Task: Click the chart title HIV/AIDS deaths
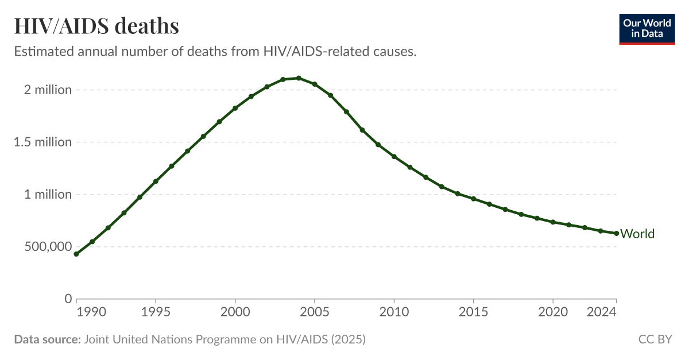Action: tap(96, 26)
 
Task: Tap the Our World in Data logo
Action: tap(647, 29)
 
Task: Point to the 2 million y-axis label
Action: tap(43, 90)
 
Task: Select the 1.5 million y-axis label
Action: tap(43, 142)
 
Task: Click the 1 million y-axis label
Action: tap(48, 195)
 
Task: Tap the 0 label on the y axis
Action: tap(68, 299)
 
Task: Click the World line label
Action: tap(637, 234)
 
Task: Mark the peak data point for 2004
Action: tap(299, 78)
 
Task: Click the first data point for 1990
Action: tap(76, 254)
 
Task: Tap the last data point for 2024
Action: tap(616, 233)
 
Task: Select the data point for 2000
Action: tap(235, 108)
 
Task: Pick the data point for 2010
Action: tap(394, 156)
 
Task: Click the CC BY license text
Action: tap(655, 339)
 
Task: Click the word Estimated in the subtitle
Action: tap(41, 52)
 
